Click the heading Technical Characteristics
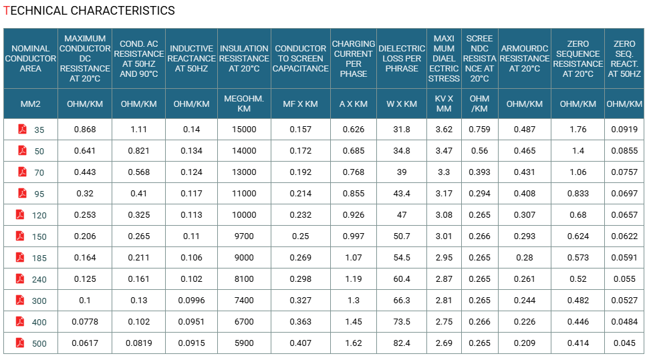pyautogui.click(x=89, y=10)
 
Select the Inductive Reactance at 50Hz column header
pyautogui.click(x=191, y=58)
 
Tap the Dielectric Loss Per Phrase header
pyautogui.click(x=402, y=58)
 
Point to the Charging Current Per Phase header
pyautogui.click(x=354, y=58)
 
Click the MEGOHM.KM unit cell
pyautogui.click(x=244, y=104)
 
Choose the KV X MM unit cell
pyautogui.click(x=444, y=104)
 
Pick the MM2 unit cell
pyautogui.click(x=30, y=104)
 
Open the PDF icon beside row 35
pyautogui.click(x=22, y=129)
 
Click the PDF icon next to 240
pyautogui.click(x=20, y=279)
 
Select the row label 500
pyautogui.click(x=39, y=343)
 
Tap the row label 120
pyautogui.click(x=39, y=215)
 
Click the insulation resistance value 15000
pyautogui.click(x=244, y=130)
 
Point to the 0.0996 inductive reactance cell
pyautogui.click(x=191, y=301)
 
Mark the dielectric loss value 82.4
pyautogui.click(x=402, y=343)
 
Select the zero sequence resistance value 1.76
pyautogui.click(x=577, y=130)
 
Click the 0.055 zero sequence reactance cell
pyautogui.click(x=624, y=279)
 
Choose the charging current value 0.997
pyautogui.click(x=354, y=236)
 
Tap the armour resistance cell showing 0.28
pyautogui.click(x=525, y=258)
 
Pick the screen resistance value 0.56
pyautogui.click(x=479, y=151)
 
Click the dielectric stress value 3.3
pyautogui.click(x=444, y=172)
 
